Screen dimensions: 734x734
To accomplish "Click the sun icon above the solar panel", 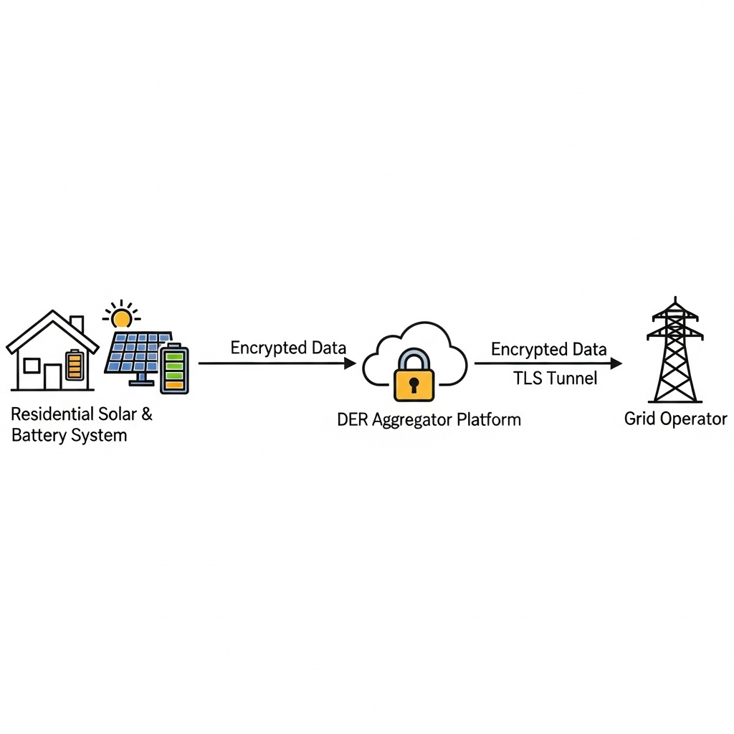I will [121, 316].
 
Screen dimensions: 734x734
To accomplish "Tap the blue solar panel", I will [138, 353].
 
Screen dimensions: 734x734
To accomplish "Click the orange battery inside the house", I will [74, 364].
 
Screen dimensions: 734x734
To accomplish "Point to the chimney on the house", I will [77, 323].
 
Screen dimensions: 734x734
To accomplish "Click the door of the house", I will [52, 376].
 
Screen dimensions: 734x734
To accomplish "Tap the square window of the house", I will [32, 366].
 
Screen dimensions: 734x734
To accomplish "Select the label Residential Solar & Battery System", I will [82, 424].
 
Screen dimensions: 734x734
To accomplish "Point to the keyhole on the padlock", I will [414, 386].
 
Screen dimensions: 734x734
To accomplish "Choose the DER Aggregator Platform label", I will [429, 419].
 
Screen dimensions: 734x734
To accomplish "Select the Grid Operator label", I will [675, 419].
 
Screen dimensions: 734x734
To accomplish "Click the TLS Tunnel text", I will [555, 378].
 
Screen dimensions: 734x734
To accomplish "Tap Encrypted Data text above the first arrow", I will [288, 348].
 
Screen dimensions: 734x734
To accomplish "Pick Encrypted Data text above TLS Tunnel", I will [548, 349].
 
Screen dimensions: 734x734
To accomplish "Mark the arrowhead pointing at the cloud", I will [350, 363].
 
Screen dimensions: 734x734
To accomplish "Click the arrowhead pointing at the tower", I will [616, 363].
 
